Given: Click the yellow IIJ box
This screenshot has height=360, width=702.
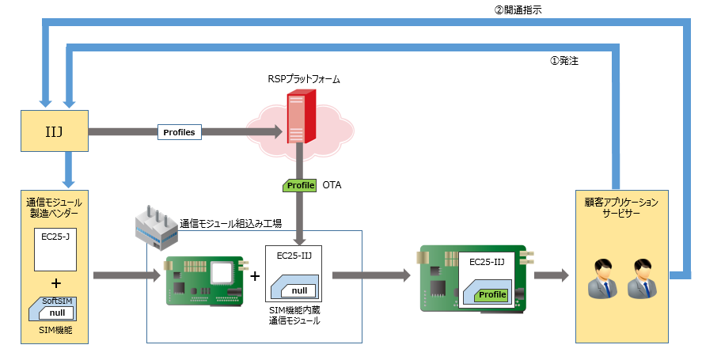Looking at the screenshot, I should (53, 131).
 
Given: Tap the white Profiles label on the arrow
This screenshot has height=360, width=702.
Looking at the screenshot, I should (179, 132).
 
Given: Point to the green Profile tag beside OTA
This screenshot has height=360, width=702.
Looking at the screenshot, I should (300, 185).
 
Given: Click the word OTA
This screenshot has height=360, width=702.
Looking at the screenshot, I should (332, 185).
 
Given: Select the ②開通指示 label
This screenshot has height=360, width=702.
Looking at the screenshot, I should (518, 10).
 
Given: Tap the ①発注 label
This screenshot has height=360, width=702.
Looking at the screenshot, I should (563, 60).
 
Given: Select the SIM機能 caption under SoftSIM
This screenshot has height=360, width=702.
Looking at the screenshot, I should (53, 330).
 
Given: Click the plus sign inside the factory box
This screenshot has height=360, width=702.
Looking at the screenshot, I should (255, 276).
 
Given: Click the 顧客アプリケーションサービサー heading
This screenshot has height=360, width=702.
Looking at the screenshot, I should (621, 208).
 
